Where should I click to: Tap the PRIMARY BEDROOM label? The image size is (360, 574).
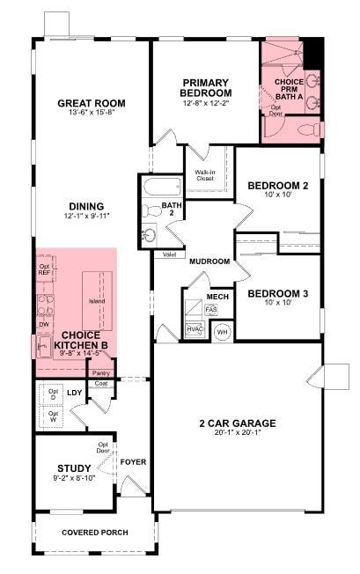pos(205,87)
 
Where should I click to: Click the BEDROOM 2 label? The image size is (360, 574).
pos(277,186)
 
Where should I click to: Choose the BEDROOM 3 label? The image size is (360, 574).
pos(277,294)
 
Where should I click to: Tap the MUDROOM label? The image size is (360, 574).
pos(209,261)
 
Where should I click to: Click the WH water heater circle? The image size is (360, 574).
pos(222,332)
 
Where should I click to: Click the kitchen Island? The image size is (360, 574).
pos(97,300)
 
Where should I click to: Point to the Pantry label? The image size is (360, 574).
pos(101,372)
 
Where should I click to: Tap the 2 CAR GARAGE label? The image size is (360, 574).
pos(238,423)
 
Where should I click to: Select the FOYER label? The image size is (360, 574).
pos(134,462)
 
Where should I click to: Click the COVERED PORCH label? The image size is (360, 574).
pos(95,533)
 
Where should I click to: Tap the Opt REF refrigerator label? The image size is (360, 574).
pos(44,269)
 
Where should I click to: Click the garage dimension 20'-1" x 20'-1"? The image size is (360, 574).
pos(238,433)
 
